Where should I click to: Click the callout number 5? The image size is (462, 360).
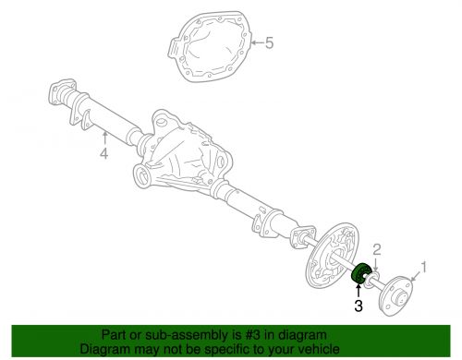(269, 42)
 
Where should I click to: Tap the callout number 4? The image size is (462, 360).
(104, 153)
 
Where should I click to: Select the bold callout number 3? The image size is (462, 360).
(359, 306)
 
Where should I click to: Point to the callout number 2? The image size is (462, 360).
(377, 250)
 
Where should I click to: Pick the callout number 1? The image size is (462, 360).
(423, 267)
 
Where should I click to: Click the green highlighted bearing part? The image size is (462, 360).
(360, 272)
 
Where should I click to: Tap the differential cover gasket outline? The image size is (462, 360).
(211, 46)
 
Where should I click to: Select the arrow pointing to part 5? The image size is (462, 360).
(258, 42)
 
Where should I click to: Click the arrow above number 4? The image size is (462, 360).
(104, 138)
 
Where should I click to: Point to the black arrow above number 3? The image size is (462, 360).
(358, 291)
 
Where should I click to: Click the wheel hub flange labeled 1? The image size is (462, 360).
(396, 295)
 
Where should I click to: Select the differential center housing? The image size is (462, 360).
(182, 150)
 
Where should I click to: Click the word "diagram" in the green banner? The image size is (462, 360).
(302, 335)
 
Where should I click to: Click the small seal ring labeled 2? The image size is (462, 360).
(372, 280)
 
